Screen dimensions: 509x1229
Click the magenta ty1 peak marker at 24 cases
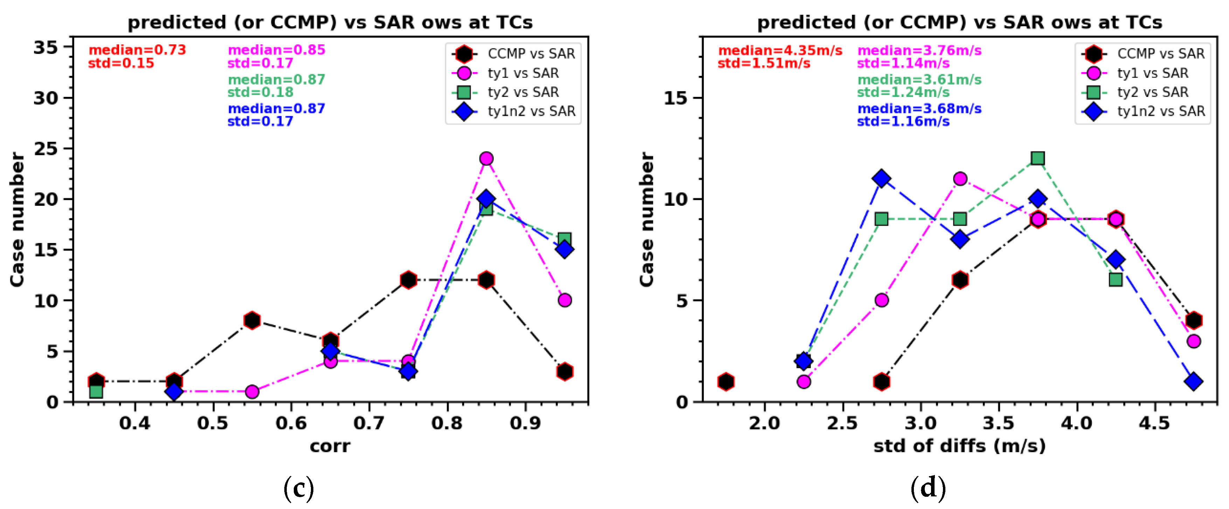tap(486, 158)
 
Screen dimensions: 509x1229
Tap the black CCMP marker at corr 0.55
tap(252, 320)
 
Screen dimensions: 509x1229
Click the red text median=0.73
tap(137, 50)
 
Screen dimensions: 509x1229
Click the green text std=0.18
tap(260, 92)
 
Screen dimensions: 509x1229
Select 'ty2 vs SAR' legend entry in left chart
tap(522, 92)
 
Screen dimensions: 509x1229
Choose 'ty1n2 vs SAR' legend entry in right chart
tap(1160, 111)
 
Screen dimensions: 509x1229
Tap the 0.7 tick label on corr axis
tap(369, 423)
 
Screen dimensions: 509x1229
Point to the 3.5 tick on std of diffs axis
tap(998, 423)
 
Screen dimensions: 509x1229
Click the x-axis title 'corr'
tap(330, 446)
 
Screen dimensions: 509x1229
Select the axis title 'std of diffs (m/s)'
tap(959, 446)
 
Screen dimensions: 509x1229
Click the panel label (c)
tap(299, 488)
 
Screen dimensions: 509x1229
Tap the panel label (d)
tap(928, 488)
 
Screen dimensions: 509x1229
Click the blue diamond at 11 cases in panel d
tap(881, 179)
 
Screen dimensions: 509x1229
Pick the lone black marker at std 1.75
tap(725, 382)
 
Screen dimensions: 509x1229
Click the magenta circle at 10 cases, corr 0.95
tap(564, 300)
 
